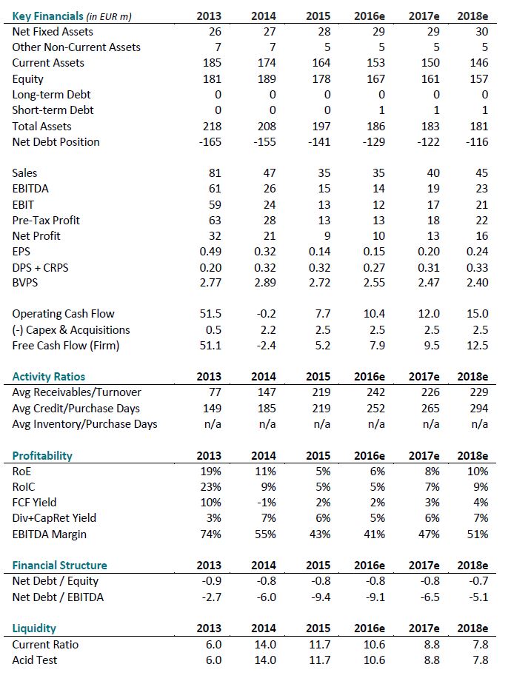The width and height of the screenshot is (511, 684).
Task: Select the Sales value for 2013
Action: click(x=213, y=173)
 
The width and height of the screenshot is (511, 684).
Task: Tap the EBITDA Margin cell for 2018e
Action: click(x=478, y=534)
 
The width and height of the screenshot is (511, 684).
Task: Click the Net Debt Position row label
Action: click(x=56, y=141)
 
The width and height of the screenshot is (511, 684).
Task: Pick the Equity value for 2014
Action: click(x=265, y=79)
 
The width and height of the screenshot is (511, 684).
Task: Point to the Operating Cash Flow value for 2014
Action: click(x=265, y=314)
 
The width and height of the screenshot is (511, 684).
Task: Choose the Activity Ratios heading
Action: click(x=49, y=377)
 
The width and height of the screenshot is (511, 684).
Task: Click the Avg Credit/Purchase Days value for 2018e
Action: click(x=478, y=409)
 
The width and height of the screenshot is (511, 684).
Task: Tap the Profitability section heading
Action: click(x=42, y=455)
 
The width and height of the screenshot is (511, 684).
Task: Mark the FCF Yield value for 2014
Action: click(x=267, y=503)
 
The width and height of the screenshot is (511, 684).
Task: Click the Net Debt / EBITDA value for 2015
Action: click(x=318, y=597)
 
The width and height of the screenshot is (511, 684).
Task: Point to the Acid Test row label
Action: click(x=35, y=660)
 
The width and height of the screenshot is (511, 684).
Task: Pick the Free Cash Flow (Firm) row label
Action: click(x=66, y=345)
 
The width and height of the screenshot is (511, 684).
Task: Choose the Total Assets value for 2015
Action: click(x=318, y=127)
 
